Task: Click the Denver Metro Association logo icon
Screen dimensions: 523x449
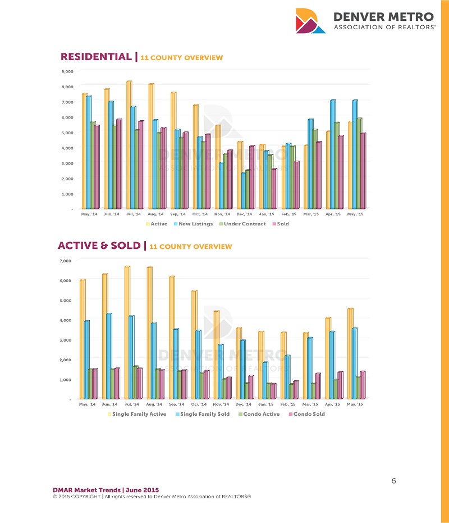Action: click(x=310, y=21)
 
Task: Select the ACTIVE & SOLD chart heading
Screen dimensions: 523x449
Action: click(x=100, y=245)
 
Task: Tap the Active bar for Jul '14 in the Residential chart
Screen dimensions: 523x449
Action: click(x=129, y=145)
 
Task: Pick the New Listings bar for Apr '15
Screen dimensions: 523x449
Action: click(x=332, y=154)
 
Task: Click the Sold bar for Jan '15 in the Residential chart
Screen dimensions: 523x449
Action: click(x=274, y=189)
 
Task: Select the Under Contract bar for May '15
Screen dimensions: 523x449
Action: click(x=359, y=163)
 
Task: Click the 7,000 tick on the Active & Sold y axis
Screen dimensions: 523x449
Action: click(x=66, y=261)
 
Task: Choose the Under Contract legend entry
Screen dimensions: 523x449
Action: click(x=242, y=224)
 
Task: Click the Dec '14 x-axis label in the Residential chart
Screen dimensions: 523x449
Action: click(x=245, y=214)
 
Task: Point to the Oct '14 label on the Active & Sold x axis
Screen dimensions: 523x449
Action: click(x=199, y=404)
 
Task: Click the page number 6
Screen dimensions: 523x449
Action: click(x=393, y=481)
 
